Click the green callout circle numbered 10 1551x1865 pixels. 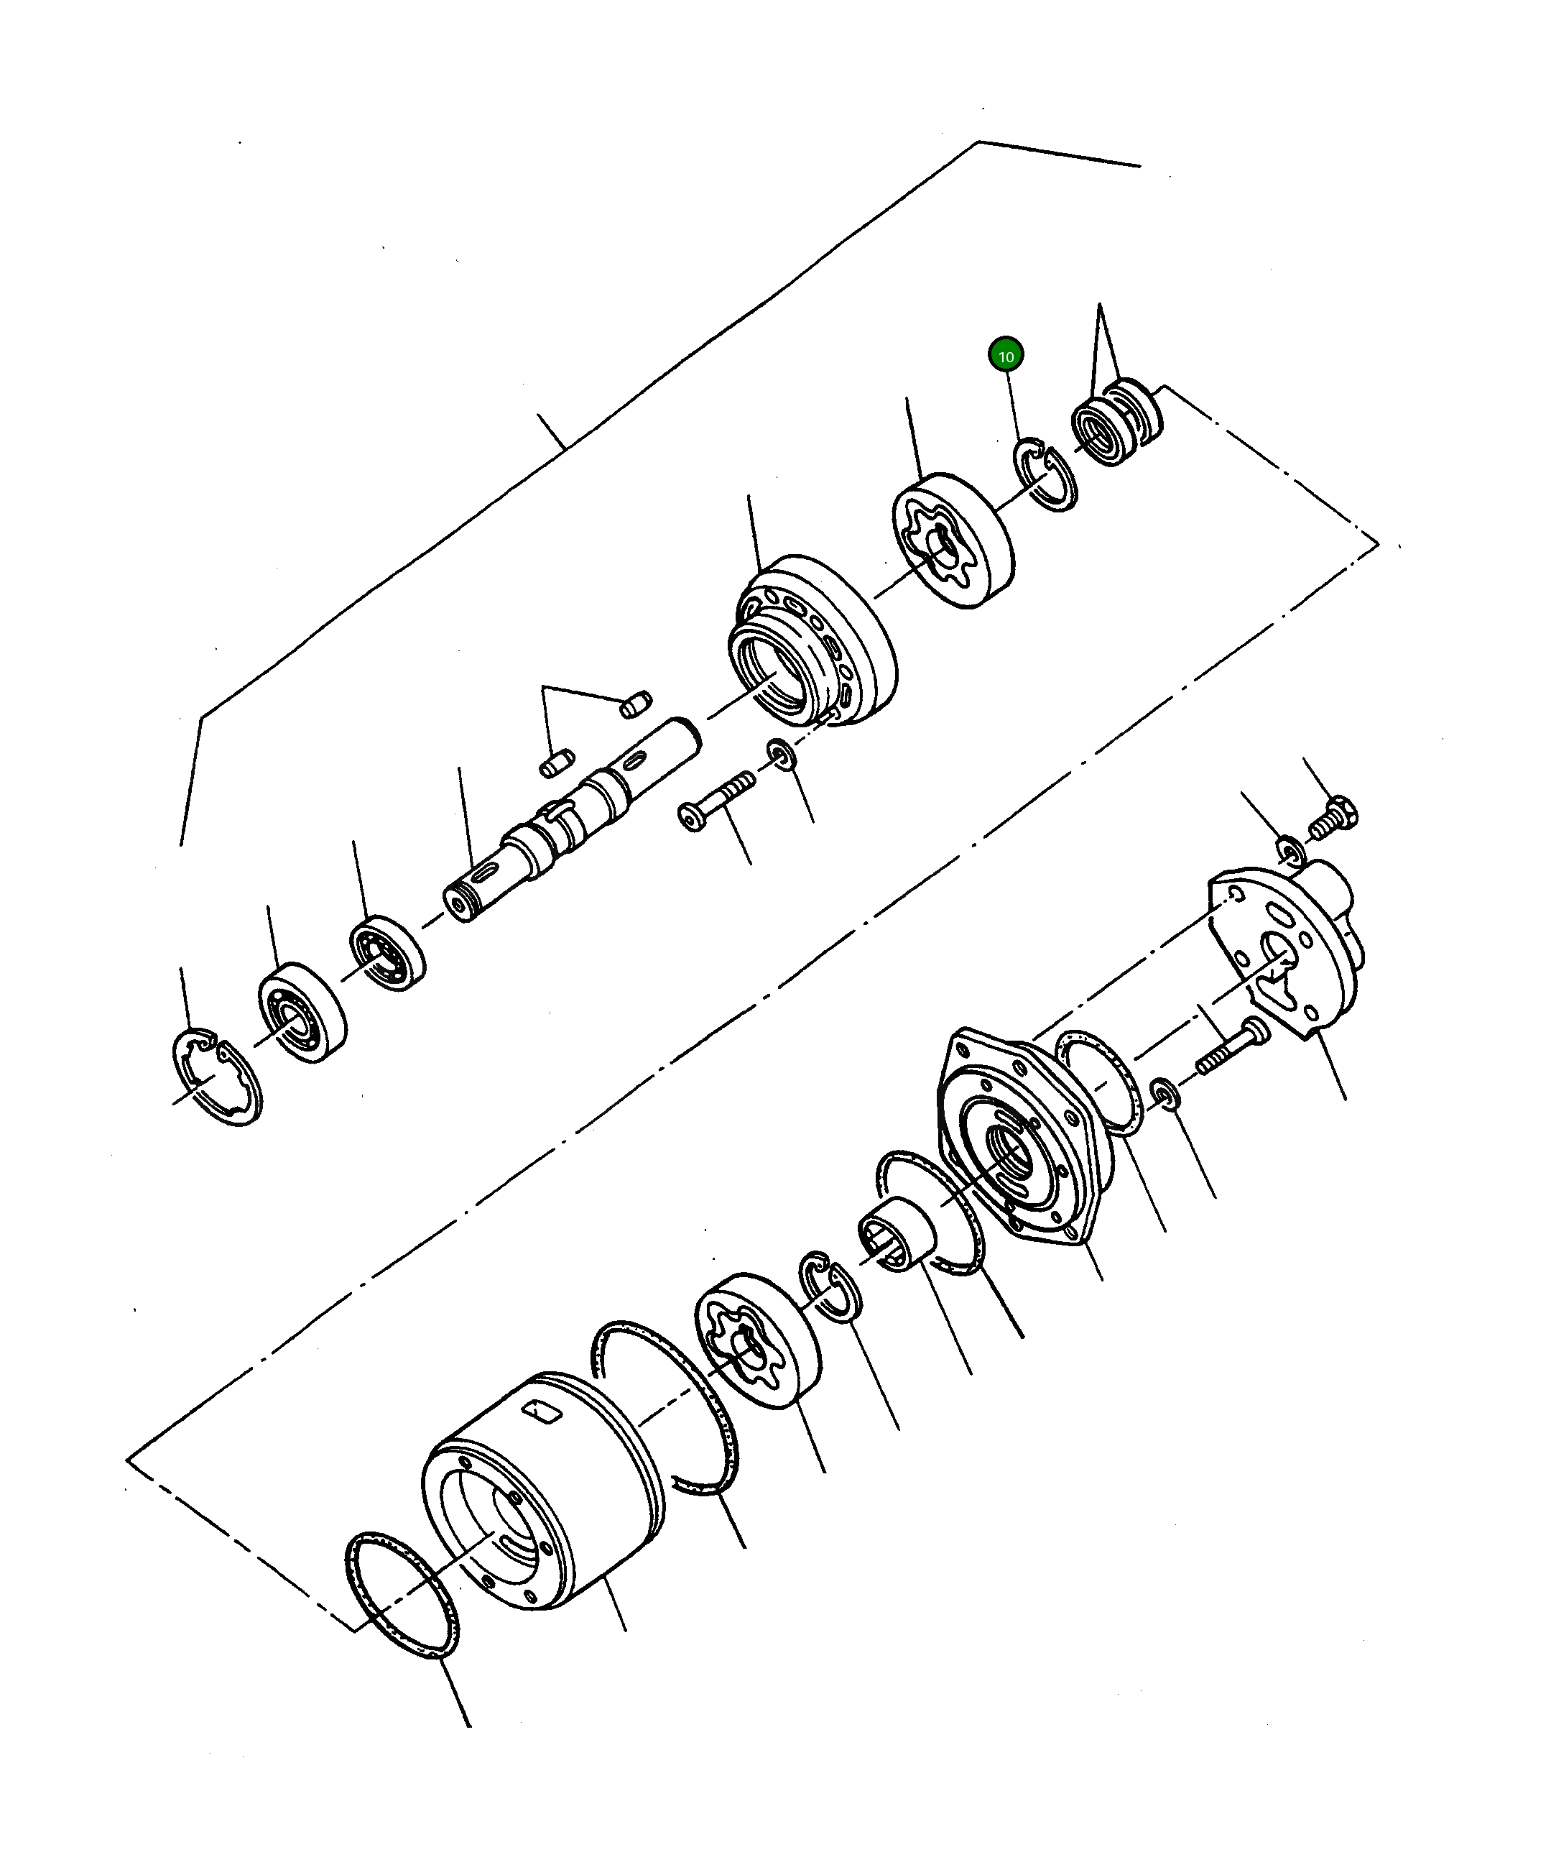point(1005,356)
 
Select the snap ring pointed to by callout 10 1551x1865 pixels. point(1046,475)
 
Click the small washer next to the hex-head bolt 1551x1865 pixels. point(1292,852)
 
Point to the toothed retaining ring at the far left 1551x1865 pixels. point(216,1077)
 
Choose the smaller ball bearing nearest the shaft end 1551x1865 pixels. point(387,953)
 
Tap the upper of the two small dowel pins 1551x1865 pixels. point(635,704)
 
